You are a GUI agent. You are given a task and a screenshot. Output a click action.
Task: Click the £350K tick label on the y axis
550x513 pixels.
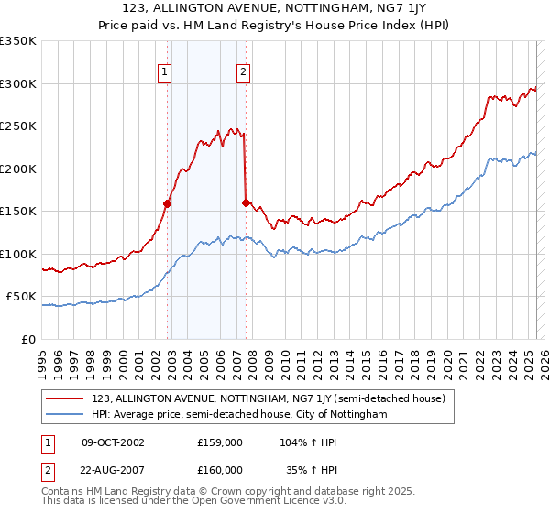coord(19,41)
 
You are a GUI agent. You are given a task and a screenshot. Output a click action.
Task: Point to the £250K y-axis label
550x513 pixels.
coord(19,126)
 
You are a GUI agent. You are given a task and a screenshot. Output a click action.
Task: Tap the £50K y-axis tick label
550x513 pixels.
coord(22,297)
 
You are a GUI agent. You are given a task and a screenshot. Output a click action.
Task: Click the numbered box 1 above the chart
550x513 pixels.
coord(165,74)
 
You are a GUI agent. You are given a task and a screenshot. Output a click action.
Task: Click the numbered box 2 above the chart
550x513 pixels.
coord(243,74)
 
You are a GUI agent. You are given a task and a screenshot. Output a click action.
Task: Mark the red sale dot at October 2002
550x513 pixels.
coord(168,204)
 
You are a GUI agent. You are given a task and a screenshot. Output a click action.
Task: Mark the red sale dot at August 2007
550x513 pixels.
coord(246,203)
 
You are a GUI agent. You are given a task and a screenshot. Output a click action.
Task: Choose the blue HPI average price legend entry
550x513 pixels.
coord(239,414)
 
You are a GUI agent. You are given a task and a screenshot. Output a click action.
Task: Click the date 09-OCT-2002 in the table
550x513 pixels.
coord(114,442)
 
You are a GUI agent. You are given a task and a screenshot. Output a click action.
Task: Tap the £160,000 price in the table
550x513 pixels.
coord(219,469)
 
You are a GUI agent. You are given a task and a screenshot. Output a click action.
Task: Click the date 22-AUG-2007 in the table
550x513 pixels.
coord(114,469)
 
